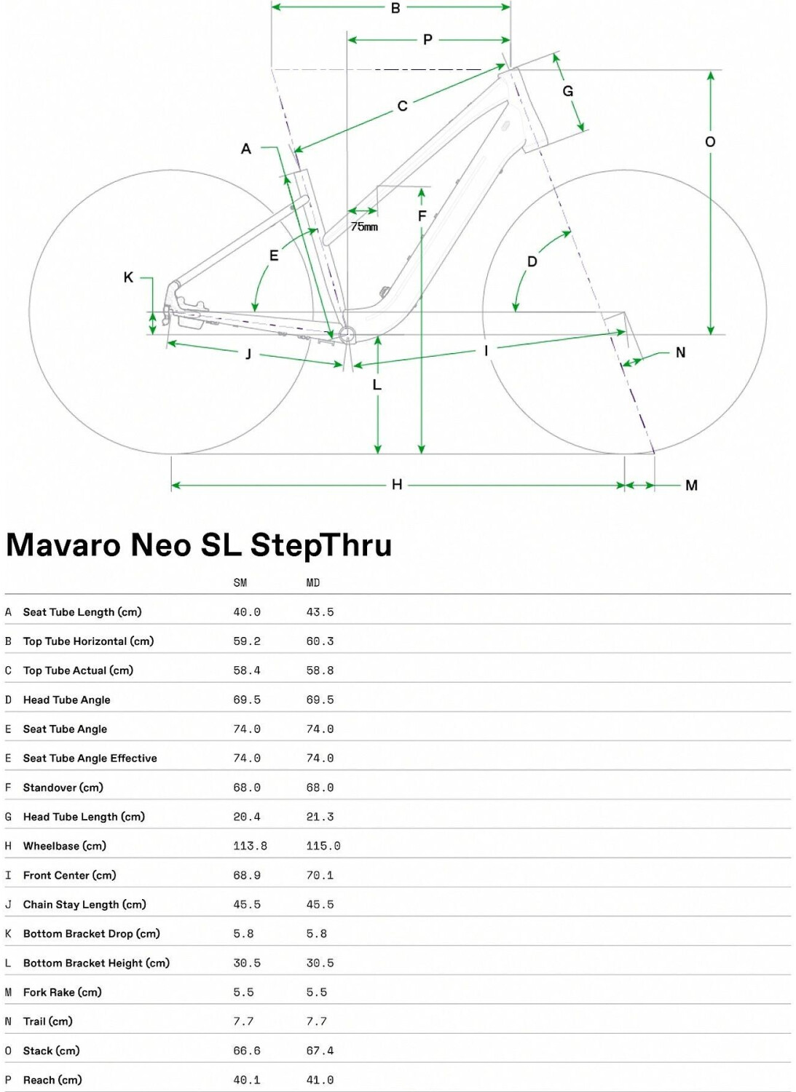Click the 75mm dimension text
pyautogui.click(x=364, y=226)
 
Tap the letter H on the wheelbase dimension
pyautogui.click(x=397, y=484)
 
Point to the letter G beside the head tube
pyautogui.click(x=568, y=91)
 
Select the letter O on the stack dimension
pyautogui.click(x=710, y=142)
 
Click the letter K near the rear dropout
pyautogui.click(x=128, y=277)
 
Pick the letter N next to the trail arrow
pyautogui.click(x=680, y=352)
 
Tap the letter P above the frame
pyautogui.click(x=427, y=39)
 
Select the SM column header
pyautogui.click(x=240, y=582)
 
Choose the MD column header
pyautogui.click(x=313, y=582)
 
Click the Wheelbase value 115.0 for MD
pyautogui.click(x=323, y=846)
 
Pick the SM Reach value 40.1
pyautogui.click(x=247, y=1080)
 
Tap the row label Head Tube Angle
pyautogui.click(x=67, y=700)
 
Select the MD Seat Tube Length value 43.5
pyautogui.click(x=320, y=612)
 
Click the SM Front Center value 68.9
pyautogui.click(x=247, y=875)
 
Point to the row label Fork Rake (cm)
pyautogui.click(x=63, y=992)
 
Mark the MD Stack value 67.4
pyautogui.click(x=320, y=1051)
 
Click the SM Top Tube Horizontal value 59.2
pyautogui.click(x=247, y=641)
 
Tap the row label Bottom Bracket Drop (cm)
pyautogui.click(x=92, y=933)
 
